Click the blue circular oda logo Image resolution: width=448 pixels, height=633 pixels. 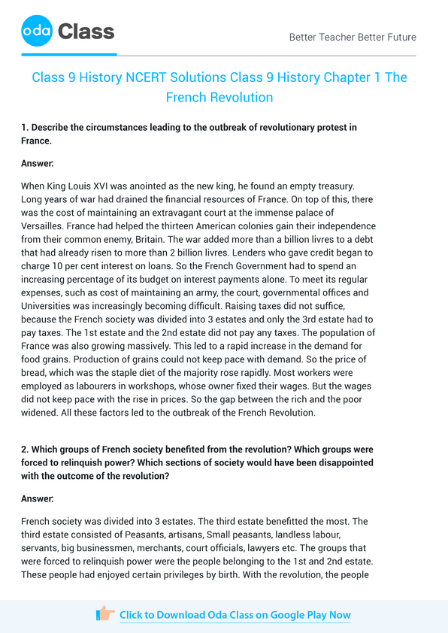[x=36, y=32]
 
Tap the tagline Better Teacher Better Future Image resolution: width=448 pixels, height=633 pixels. [x=353, y=37]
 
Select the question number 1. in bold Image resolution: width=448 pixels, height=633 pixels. [x=26, y=127]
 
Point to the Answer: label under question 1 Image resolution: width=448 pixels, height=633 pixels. [x=38, y=162]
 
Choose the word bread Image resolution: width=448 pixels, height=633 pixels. [x=34, y=375]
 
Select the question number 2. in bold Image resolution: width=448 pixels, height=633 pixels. [x=26, y=449]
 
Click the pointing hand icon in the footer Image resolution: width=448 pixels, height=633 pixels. [x=105, y=614]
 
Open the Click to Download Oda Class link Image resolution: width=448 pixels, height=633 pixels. [x=235, y=615]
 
